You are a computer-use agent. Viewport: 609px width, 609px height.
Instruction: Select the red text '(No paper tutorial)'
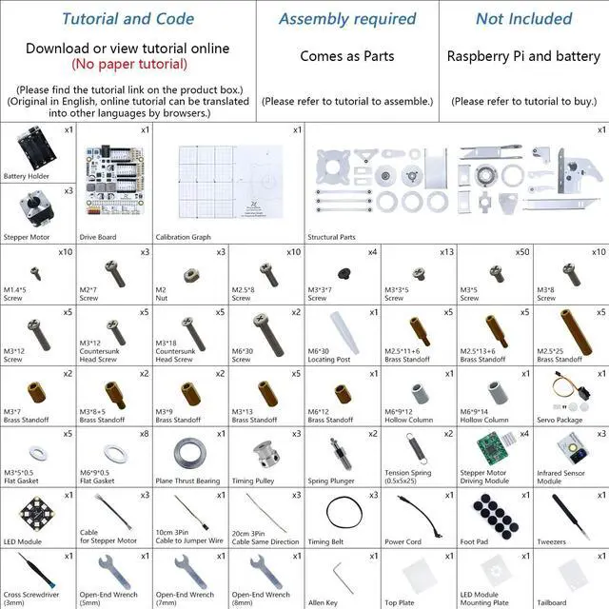(x=128, y=65)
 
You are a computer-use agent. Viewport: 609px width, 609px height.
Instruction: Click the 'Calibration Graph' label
(x=187, y=237)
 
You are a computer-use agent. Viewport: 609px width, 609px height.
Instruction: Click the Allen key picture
(x=341, y=574)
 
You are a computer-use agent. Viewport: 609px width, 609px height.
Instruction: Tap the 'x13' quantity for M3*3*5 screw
(x=446, y=252)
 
